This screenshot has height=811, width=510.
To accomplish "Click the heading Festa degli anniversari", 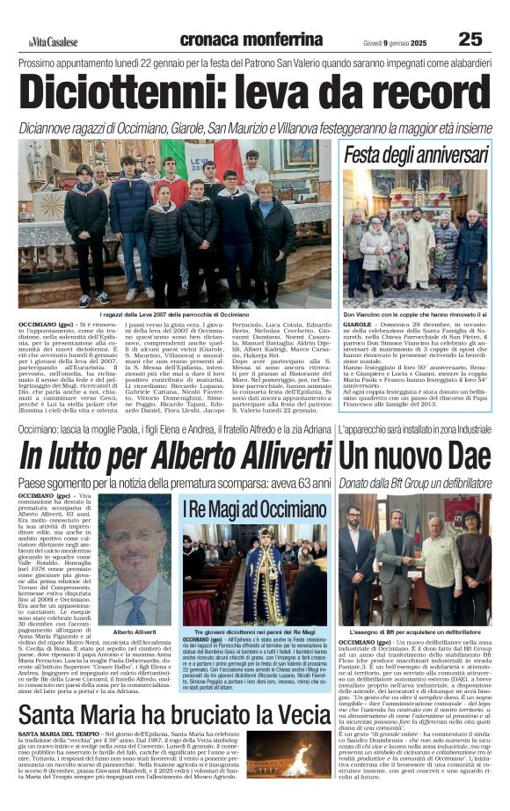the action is [x=416, y=156].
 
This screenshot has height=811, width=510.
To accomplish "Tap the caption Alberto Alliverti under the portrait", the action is [x=135, y=632].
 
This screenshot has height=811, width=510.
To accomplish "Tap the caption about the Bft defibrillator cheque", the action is [x=414, y=632].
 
